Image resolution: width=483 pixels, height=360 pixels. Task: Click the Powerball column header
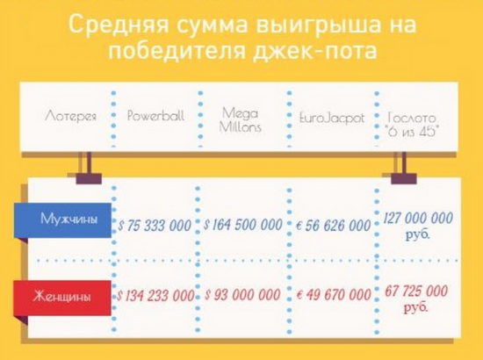pos(155,116)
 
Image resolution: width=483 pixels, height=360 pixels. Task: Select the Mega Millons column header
pos(241,119)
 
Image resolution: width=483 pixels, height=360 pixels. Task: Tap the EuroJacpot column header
pos(332,119)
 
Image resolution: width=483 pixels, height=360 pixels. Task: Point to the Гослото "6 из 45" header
pos(412,125)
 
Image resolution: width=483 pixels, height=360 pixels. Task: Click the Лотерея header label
pos(71,116)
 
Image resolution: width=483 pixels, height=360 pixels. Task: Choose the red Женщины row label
pos(62,297)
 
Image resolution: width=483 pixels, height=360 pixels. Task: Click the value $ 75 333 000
pos(155,226)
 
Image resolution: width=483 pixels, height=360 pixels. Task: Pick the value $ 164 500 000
pos(243,225)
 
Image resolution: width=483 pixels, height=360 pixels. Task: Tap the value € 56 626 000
pos(334,226)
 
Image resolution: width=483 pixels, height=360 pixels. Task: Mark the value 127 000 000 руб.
pos(418,226)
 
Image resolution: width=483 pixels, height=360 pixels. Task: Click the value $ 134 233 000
pos(155,296)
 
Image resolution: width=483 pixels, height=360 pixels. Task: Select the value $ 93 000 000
pos(242,295)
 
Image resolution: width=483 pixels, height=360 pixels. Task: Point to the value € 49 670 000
pos(334,295)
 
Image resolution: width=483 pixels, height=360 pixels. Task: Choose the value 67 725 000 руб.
pos(416,299)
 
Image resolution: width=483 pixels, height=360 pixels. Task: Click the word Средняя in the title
pos(119,25)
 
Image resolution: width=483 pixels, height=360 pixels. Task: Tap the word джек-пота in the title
pos(314,51)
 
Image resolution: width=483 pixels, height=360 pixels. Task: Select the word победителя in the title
pos(177,50)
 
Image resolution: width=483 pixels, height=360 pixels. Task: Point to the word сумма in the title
pos(213,25)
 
